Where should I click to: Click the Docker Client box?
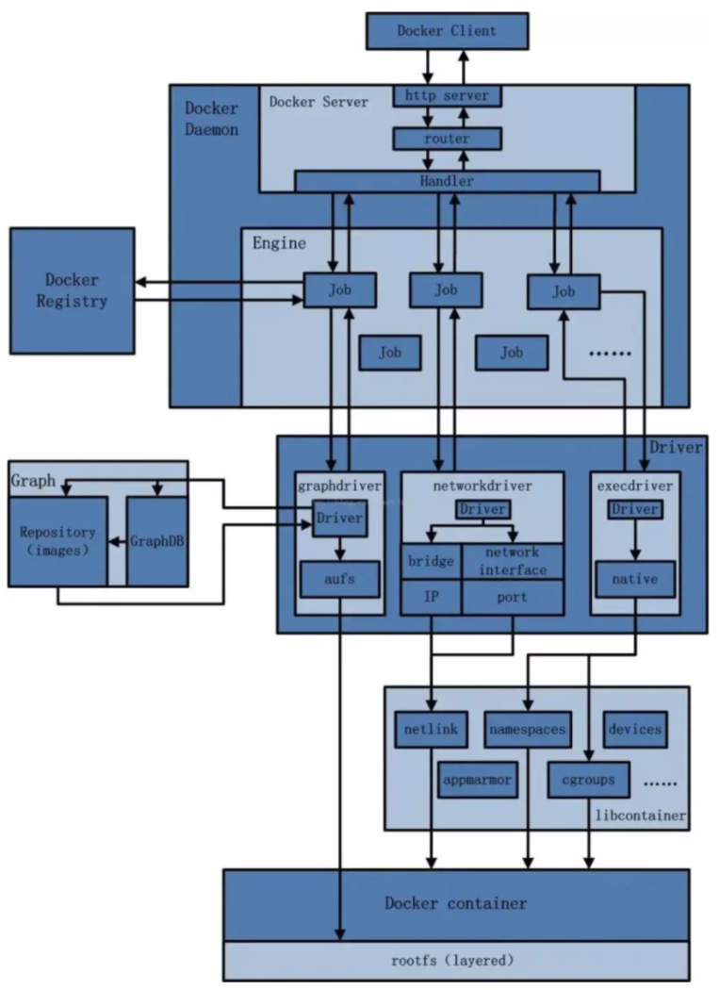click(447, 31)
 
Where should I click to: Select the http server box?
click(447, 96)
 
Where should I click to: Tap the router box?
click(447, 139)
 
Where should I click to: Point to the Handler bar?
click(447, 181)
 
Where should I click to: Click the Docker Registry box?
click(72, 290)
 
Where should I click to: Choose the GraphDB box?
click(157, 541)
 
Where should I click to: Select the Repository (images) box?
click(57, 541)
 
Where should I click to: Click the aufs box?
click(339, 579)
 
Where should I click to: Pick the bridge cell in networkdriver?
click(432, 561)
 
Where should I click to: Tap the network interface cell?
click(513, 561)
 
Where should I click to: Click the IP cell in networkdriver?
click(432, 597)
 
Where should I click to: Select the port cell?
click(513, 597)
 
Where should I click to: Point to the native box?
click(635, 579)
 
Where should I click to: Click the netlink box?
click(432, 729)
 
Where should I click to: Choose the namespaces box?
click(528, 729)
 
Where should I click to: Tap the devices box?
click(635, 729)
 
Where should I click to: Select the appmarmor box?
click(477, 780)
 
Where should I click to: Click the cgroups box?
click(589, 780)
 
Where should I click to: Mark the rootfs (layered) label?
click(452, 961)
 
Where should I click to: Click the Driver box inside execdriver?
click(635, 509)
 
